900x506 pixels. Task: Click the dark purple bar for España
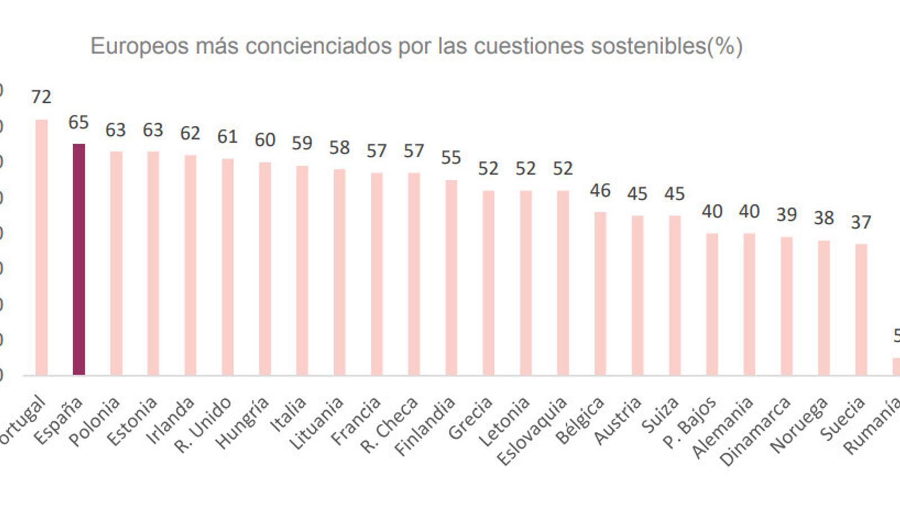pos(79,259)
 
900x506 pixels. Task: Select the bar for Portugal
pos(42,247)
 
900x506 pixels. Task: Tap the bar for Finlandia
pos(451,278)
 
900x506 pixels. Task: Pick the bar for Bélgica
pos(600,293)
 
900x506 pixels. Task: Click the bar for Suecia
pos(861,309)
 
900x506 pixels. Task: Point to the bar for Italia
pos(302,270)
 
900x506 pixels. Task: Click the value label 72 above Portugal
pos(41,97)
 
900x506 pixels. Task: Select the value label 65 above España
pos(79,123)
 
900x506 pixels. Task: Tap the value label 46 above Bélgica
pos(600,191)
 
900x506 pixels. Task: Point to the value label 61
pos(227,137)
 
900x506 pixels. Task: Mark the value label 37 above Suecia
pos(861,223)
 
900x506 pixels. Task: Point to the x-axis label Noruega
pos(799,424)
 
